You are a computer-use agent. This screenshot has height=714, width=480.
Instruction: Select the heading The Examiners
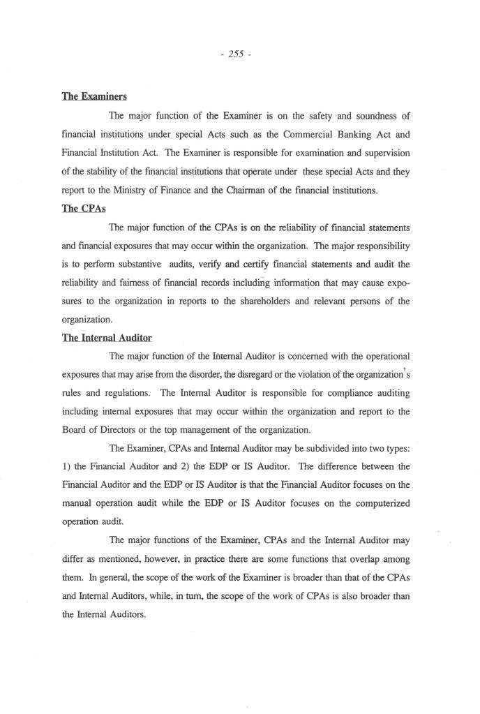coord(94,97)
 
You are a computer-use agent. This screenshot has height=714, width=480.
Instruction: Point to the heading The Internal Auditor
coord(107,338)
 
